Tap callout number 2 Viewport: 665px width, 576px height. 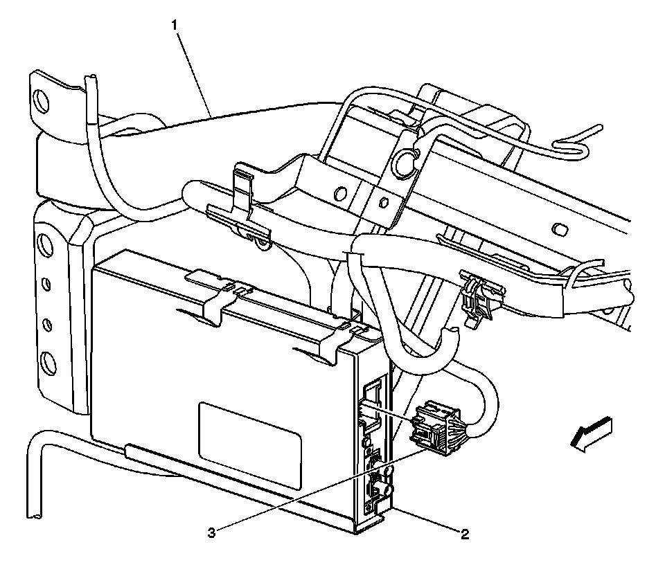[465, 534]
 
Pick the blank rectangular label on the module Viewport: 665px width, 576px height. [250, 446]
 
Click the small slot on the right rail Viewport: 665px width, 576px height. [558, 227]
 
